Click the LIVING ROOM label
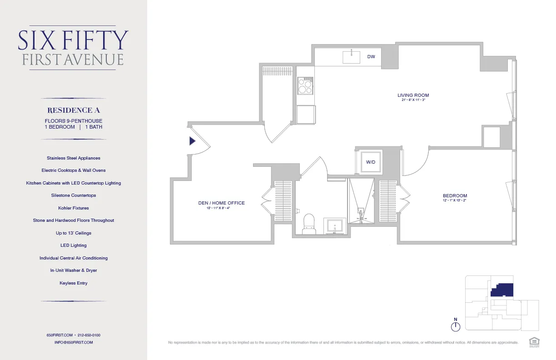(x=413, y=95)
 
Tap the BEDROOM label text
(x=455, y=196)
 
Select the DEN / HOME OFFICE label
(x=221, y=203)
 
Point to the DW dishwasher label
(x=371, y=57)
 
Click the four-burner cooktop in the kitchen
(x=305, y=85)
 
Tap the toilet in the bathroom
(x=309, y=224)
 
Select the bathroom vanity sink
(x=334, y=226)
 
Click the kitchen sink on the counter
(x=351, y=57)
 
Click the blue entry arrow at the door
(x=192, y=141)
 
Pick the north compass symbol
(x=456, y=326)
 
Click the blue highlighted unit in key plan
(x=503, y=290)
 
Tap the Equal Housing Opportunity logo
(x=534, y=342)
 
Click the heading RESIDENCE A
(x=74, y=110)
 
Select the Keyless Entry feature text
(x=74, y=283)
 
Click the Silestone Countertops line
(x=74, y=195)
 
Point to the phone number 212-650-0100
(x=89, y=335)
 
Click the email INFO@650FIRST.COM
(x=74, y=342)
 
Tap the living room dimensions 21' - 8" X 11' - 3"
(x=413, y=100)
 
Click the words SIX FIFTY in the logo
(x=73, y=41)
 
